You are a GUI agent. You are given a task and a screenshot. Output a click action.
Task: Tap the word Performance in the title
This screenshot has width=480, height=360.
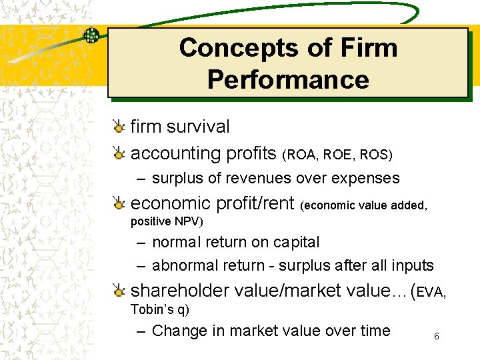click(x=288, y=79)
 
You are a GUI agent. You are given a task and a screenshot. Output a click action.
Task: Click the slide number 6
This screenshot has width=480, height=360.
click(x=436, y=337)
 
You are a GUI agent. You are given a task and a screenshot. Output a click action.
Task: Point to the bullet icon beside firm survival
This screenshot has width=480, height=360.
click(x=118, y=127)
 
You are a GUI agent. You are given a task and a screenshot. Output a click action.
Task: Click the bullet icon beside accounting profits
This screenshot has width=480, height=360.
click(x=118, y=153)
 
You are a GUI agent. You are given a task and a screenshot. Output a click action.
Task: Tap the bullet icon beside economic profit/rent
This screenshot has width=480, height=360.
click(x=118, y=203)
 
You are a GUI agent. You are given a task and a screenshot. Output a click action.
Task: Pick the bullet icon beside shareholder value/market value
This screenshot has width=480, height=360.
click(x=118, y=291)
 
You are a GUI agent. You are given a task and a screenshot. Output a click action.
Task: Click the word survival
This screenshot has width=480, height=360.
click(x=199, y=127)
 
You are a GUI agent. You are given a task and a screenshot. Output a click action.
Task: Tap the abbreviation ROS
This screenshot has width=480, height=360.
click(x=374, y=155)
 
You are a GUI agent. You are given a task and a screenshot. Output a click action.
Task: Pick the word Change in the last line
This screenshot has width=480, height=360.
click(x=175, y=331)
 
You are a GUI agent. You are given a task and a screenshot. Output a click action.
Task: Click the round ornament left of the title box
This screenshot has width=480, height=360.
click(x=91, y=36)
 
